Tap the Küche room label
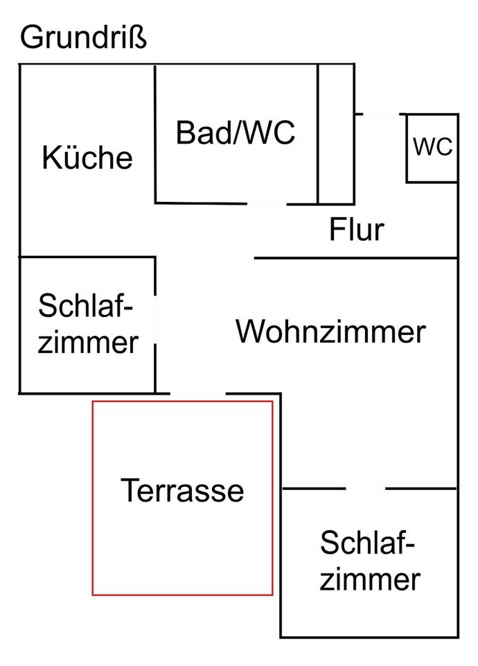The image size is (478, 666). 87,157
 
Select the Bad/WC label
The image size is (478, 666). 236,132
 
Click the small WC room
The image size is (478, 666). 432,147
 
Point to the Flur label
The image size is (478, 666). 356,229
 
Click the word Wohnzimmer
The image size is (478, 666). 330,332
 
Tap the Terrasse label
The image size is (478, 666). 183,490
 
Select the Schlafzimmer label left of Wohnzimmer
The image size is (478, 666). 87,323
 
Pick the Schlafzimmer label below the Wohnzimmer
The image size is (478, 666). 370,561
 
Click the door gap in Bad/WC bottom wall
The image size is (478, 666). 267,204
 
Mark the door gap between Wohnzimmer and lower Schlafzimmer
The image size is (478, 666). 365,488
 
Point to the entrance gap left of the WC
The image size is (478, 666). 380,114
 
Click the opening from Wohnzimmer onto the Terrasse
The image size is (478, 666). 199,394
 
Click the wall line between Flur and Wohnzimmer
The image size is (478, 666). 356,258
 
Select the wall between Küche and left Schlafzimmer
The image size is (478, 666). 87,257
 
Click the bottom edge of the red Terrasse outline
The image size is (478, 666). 183,595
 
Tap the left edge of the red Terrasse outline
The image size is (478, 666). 94,497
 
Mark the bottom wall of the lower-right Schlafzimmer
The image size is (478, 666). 370,637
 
